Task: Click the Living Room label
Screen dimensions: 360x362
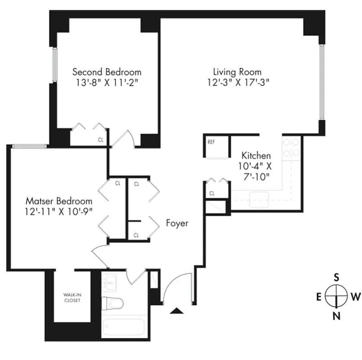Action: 237,72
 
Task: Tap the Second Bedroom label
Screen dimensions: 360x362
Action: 107,72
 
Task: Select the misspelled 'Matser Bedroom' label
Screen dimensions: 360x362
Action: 59,201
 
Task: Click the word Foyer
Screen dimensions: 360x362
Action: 177,223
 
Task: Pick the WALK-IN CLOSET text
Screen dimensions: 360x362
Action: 72,298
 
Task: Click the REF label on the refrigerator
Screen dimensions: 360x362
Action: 211,142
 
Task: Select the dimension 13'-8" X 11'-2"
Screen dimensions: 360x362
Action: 107,82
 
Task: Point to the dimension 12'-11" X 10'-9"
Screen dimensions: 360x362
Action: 59,211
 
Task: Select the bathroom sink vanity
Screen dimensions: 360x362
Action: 109,283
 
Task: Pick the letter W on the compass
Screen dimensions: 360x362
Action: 355,297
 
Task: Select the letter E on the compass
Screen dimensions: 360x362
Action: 318,297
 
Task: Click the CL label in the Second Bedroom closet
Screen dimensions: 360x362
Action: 101,140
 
